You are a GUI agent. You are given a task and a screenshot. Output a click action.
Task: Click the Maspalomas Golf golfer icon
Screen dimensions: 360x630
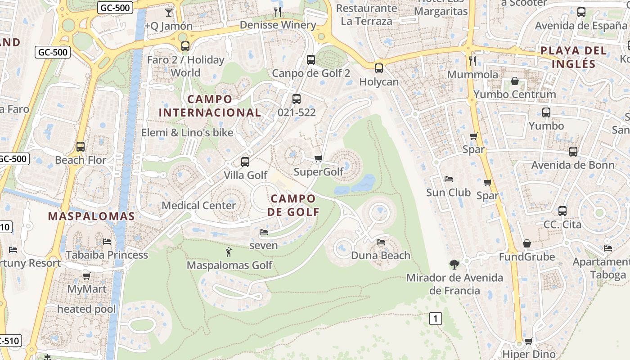(x=229, y=252)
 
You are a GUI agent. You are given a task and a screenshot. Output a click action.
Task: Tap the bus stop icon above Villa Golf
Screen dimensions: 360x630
(x=245, y=162)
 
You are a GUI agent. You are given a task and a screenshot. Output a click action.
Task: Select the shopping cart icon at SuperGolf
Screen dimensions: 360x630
(x=319, y=158)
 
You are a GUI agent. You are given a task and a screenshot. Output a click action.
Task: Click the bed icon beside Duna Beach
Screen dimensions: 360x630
(x=381, y=242)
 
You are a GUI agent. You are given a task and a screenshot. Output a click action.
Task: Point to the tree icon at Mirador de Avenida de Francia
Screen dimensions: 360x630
(x=454, y=265)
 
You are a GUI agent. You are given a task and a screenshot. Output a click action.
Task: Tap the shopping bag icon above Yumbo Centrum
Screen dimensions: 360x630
(x=515, y=81)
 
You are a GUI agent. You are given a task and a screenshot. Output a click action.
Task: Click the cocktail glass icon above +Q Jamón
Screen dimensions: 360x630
(x=169, y=12)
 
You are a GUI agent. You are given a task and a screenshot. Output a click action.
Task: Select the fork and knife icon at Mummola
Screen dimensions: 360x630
(x=472, y=61)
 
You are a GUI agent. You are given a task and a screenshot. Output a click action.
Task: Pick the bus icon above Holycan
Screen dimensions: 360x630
(x=379, y=68)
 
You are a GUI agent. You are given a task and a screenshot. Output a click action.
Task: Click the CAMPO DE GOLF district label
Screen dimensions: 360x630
(x=293, y=205)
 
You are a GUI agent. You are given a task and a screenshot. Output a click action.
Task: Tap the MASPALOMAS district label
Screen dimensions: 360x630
(x=91, y=216)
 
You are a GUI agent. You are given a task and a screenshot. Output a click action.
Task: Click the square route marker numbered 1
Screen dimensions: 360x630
(x=435, y=319)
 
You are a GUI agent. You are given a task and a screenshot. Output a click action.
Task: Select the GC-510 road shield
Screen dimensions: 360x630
(x=10, y=341)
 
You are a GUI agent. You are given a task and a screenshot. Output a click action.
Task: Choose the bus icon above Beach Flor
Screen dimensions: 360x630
(x=81, y=147)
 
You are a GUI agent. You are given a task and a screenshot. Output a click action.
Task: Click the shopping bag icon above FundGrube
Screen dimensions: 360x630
(x=527, y=244)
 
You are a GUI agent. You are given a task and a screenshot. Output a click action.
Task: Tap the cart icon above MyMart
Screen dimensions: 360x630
(x=86, y=276)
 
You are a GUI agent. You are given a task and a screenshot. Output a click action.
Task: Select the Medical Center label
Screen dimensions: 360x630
(x=198, y=206)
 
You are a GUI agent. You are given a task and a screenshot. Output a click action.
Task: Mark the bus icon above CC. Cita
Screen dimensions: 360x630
(x=562, y=211)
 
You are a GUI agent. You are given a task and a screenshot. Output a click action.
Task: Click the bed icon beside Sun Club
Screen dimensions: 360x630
(x=449, y=179)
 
